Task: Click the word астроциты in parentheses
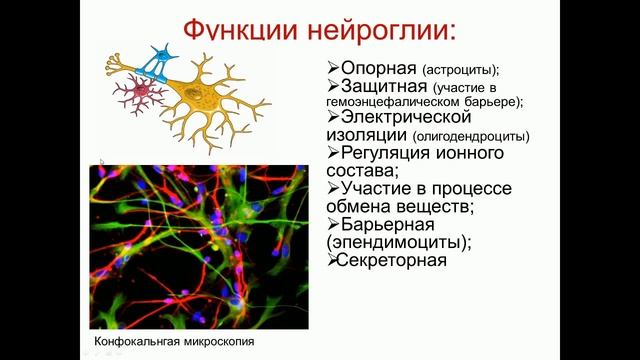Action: pyautogui.click(x=459, y=70)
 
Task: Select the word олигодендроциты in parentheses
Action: pyautogui.click(x=473, y=137)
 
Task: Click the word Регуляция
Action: pyautogui.click(x=384, y=153)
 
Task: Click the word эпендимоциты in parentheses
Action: pyautogui.click(x=394, y=243)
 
